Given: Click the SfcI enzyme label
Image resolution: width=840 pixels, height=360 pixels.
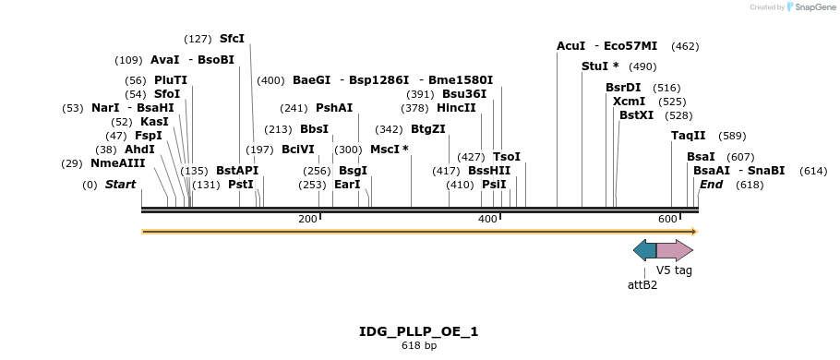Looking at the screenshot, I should (x=232, y=39).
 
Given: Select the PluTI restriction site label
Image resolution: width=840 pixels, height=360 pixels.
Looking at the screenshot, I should (x=171, y=80).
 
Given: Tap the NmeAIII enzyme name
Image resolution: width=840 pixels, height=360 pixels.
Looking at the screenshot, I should (x=117, y=163).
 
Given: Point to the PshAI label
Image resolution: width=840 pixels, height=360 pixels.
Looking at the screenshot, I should (x=334, y=108).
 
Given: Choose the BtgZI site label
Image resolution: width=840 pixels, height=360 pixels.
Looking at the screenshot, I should (x=427, y=129).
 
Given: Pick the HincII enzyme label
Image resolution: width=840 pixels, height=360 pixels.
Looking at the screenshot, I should (x=456, y=108).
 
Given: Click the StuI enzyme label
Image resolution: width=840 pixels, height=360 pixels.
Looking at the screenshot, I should (x=595, y=66).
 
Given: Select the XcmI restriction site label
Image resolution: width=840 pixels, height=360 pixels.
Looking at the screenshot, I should (x=629, y=102).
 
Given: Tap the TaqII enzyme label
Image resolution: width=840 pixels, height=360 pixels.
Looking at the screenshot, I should (x=688, y=136).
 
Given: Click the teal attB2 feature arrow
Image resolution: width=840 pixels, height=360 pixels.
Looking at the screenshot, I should (x=644, y=250).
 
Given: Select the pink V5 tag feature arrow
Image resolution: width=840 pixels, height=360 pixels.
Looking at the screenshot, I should (x=674, y=250).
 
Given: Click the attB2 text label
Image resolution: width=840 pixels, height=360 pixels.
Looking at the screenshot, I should (x=642, y=285).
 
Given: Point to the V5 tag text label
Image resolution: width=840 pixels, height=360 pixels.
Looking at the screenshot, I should (x=674, y=270).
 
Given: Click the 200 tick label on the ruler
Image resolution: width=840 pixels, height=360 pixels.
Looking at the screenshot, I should (x=307, y=219).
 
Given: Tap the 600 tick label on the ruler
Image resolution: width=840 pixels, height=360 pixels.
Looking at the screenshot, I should (x=667, y=219).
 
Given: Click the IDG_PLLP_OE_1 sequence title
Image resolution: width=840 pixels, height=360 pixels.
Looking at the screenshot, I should (x=419, y=331).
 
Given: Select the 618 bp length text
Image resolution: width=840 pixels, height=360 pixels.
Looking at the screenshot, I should (x=419, y=346).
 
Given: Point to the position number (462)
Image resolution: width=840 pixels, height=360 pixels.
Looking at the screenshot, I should (x=685, y=46).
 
